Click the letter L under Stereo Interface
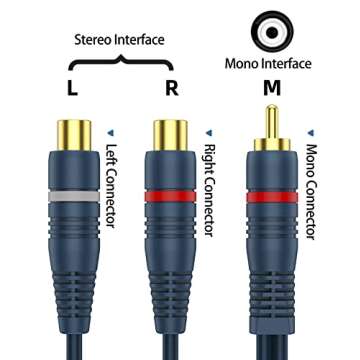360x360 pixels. [73, 87]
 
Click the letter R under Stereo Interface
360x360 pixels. [172, 87]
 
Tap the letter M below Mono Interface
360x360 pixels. [270, 87]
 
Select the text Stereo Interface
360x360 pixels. [120, 40]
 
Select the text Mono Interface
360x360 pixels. [270, 63]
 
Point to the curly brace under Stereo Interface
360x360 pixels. [122, 62]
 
